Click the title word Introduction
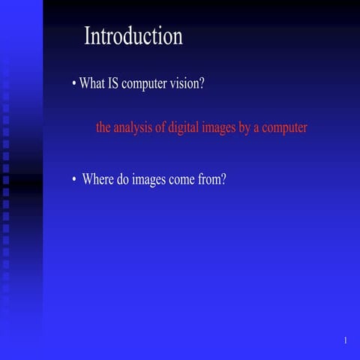(133, 36)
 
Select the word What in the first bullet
(92, 84)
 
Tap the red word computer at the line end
(286, 128)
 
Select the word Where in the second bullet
(97, 180)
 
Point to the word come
(187, 181)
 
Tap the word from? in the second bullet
(214, 180)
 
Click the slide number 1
(346, 341)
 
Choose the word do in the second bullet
(124, 180)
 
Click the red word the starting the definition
(104, 127)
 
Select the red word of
(161, 127)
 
